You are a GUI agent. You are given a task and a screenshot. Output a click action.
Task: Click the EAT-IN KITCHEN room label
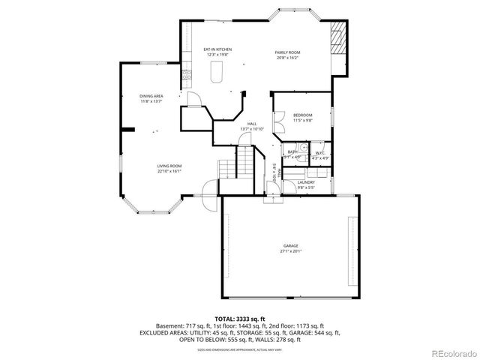coord(217,50)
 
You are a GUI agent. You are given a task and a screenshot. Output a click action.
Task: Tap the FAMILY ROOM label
coord(287,50)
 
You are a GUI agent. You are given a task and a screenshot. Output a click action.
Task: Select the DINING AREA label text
coord(151,96)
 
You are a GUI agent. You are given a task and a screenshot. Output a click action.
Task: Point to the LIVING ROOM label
coord(169,166)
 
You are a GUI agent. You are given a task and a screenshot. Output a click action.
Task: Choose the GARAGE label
coord(290,246)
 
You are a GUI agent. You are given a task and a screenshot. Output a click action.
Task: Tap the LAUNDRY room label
coord(306,182)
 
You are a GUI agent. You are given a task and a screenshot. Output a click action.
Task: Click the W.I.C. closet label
coord(319,152)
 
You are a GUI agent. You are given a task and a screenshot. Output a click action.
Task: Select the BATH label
coord(293,152)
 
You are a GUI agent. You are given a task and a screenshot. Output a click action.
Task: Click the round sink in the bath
coord(295,147)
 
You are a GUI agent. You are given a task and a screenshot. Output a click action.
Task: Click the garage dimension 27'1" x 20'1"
coord(290,252)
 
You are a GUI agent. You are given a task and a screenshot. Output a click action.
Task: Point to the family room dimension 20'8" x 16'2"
coord(287,56)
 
